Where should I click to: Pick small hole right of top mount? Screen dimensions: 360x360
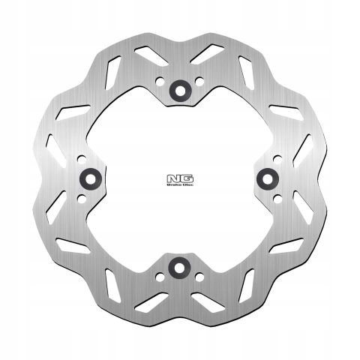[x=199, y=83]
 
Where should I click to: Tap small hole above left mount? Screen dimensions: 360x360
[x=81, y=157]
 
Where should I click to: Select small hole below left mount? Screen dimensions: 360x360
[x=81, y=198]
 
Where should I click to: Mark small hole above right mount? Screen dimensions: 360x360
[x=278, y=158]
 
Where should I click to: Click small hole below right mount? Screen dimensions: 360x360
[x=278, y=198]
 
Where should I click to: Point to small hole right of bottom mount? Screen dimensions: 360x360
[x=199, y=276]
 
